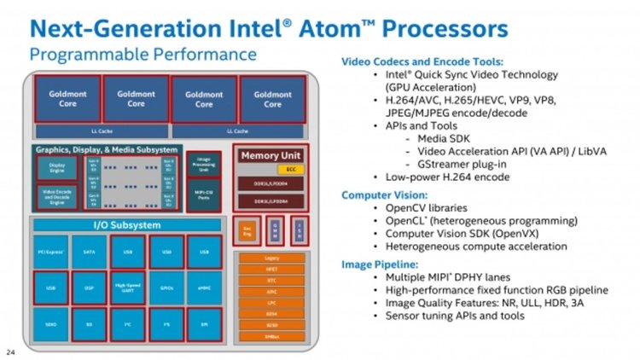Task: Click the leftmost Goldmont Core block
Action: (x=67, y=99)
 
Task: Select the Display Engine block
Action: (x=56, y=169)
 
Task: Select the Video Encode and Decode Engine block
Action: (x=56, y=197)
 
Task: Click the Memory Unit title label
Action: (x=271, y=155)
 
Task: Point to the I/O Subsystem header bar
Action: (x=126, y=225)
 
